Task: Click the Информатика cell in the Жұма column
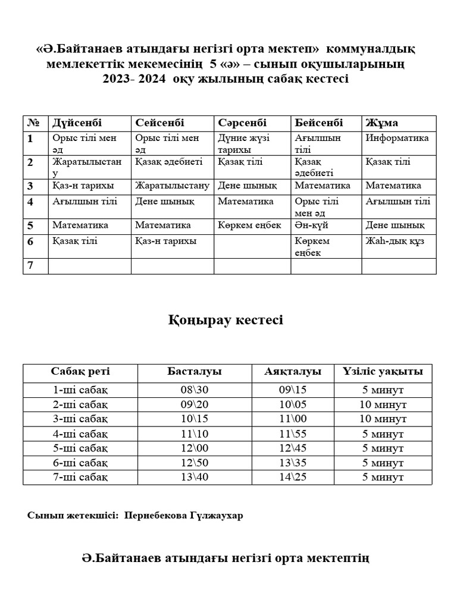(x=397, y=138)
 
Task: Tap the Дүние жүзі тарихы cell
(x=243, y=143)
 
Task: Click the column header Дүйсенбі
(x=77, y=123)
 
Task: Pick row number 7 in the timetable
(x=30, y=265)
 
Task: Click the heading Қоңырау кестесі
(x=228, y=321)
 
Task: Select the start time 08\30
(x=194, y=390)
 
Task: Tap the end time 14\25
(x=292, y=477)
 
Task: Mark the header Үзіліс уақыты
(x=383, y=372)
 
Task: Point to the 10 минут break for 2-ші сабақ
(x=383, y=404)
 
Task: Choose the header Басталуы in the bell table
(x=194, y=372)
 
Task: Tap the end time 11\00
(x=292, y=419)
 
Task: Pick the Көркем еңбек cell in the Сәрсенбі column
(x=249, y=225)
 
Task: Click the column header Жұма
(x=382, y=123)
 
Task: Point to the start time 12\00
(x=194, y=448)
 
